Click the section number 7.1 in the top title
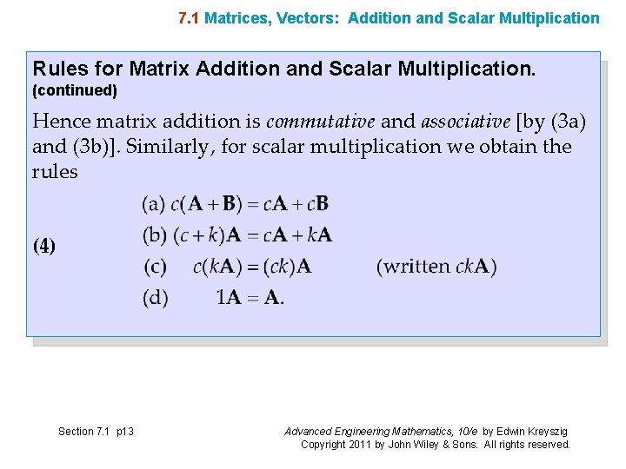point(189,17)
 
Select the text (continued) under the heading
point(75,90)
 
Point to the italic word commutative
point(321,122)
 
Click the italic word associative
point(465,122)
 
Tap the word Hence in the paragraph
point(62,122)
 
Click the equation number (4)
point(44,246)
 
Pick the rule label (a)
point(154,205)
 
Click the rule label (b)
point(154,235)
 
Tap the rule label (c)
point(156,267)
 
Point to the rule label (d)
point(156,298)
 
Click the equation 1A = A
point(250,298)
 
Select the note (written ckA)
point(436,267)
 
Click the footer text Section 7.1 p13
point(96,432)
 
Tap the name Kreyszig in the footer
point(548,432)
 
